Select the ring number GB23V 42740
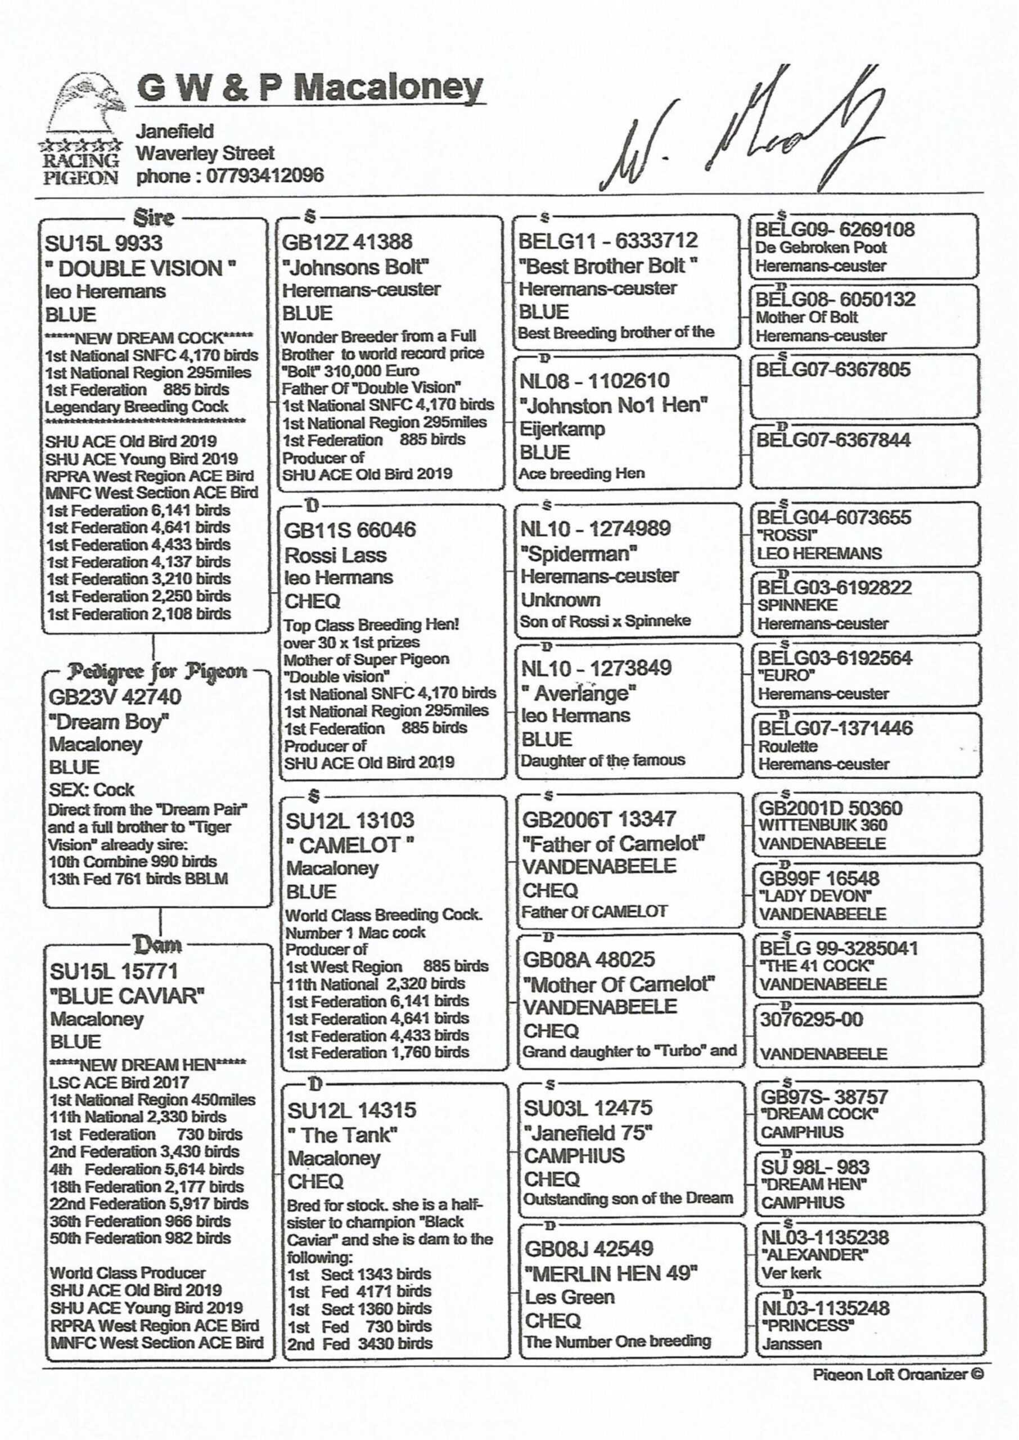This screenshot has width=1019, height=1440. [x=115, y=697]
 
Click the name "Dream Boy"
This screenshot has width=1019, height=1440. [x=109, y=722]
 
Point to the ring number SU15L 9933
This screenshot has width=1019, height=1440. [x=103, y=244]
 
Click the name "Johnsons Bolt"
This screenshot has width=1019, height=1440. [x=355, y=267]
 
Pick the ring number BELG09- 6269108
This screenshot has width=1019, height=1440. [x=835, y=229]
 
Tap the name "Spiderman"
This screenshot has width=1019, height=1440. [x=579, y=553]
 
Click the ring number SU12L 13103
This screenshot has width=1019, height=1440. [x=350, y=820]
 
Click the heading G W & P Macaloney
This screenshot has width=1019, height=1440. [x=310, y=89]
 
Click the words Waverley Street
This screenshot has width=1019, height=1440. [x=206, y=153]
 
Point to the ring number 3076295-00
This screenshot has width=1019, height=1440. [x=812, y=1020]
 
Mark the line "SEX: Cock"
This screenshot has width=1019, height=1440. [x=92, y=790]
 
